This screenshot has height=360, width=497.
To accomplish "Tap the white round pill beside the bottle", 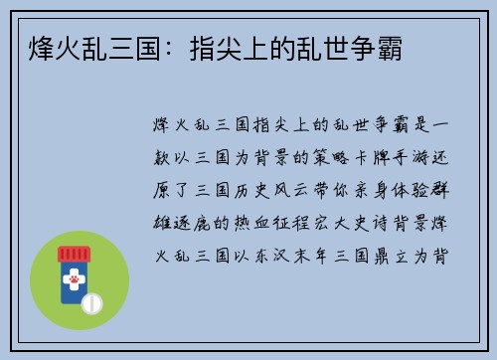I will tap(91, 300).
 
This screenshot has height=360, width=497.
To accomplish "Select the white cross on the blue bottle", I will tap(73, 270).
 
